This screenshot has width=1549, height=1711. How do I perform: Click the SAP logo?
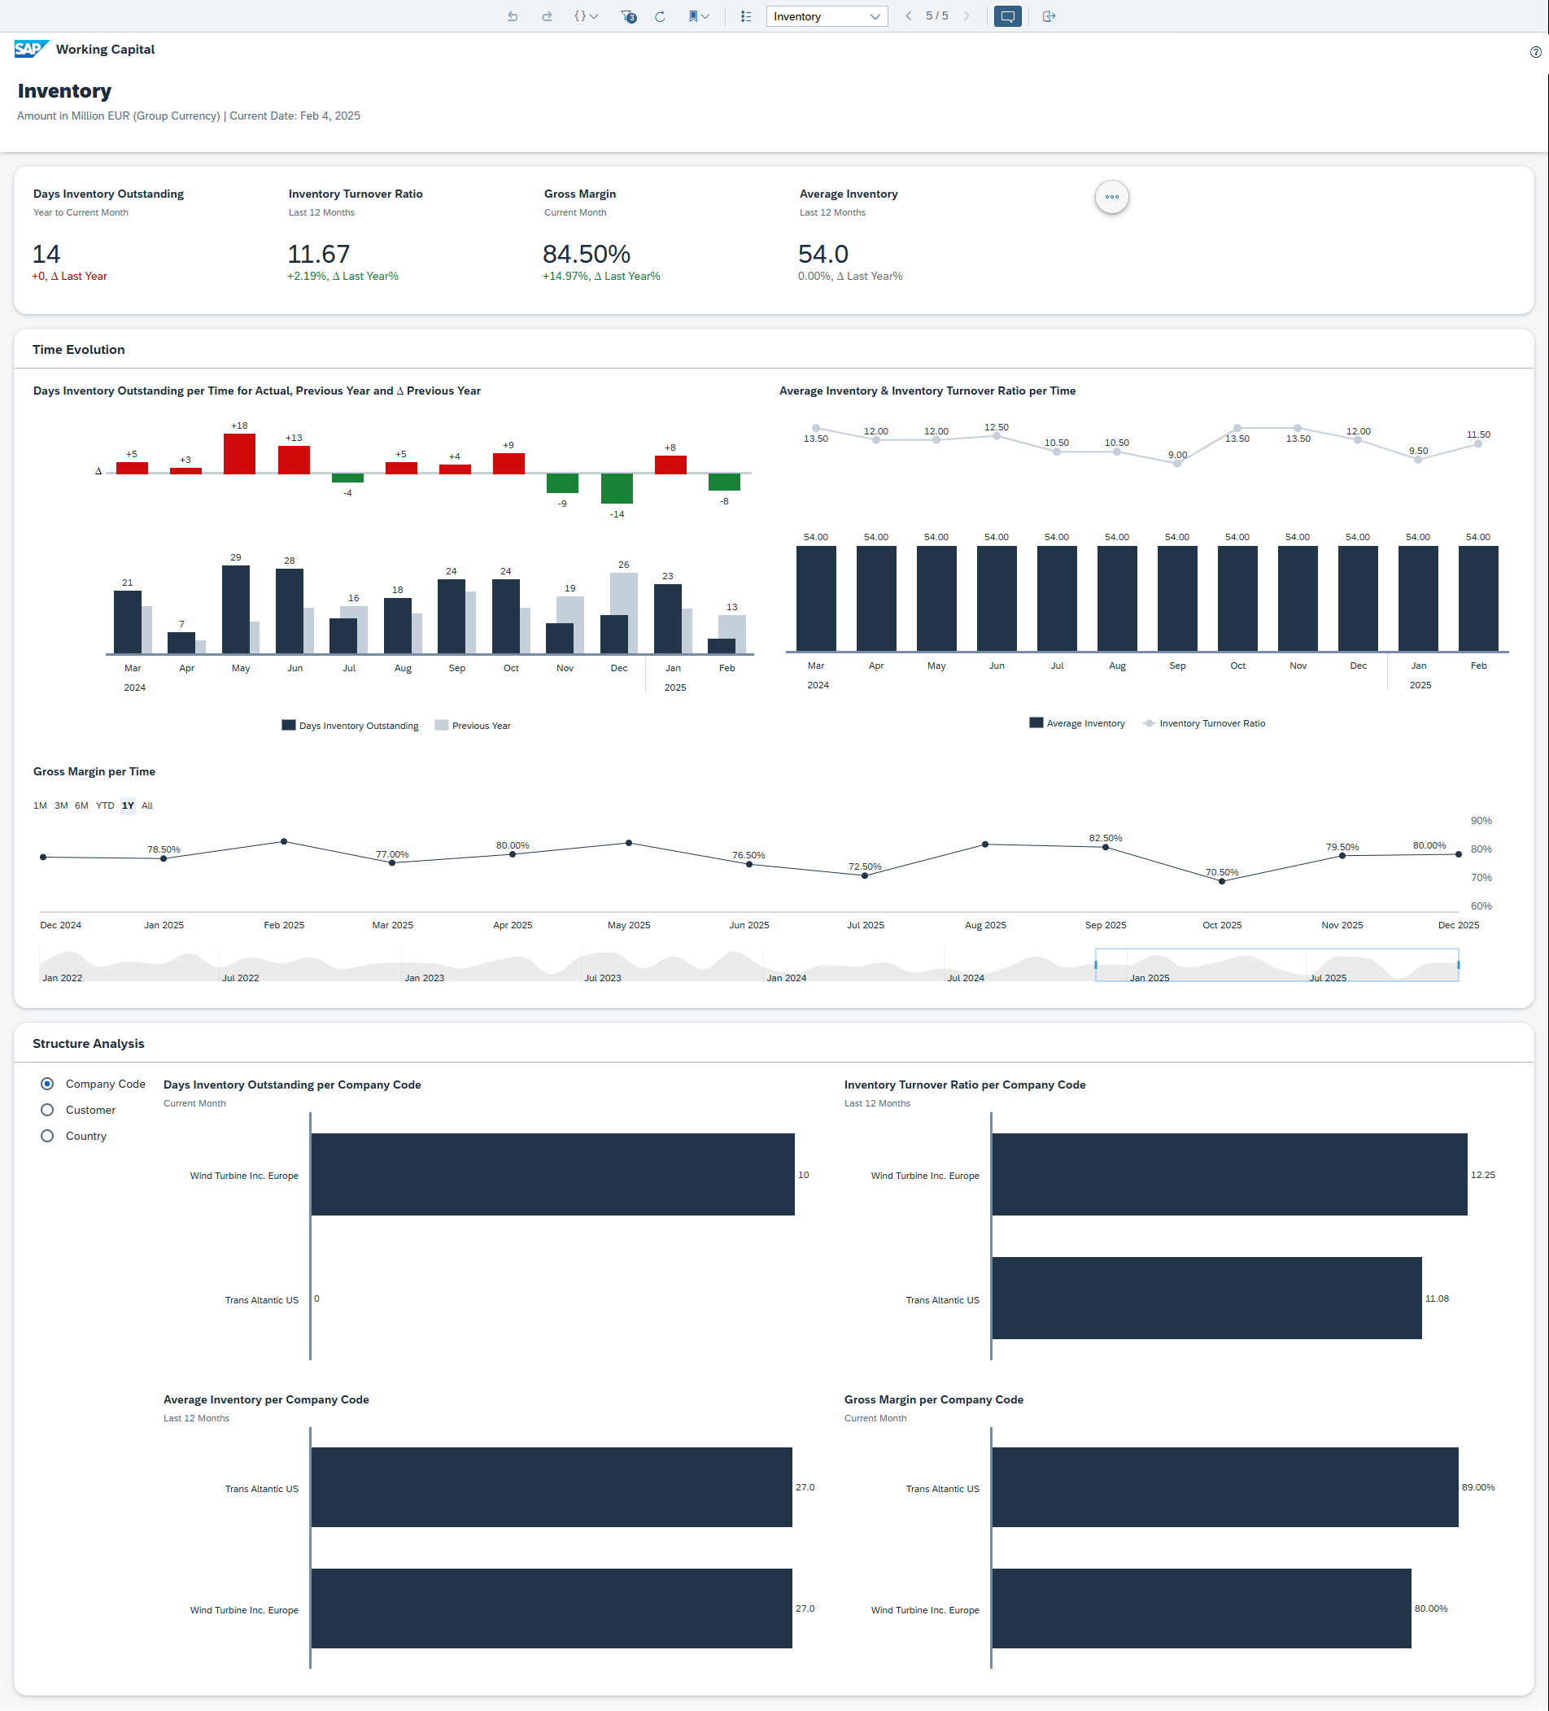[x=31, y=50]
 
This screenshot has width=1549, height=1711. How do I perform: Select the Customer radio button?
[x=47, y=1110]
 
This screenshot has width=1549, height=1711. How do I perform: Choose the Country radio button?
[x=47, y=1137]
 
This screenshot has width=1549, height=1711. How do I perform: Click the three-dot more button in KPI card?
[x=1111, y=197]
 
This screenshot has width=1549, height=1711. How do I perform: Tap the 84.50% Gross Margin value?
[x=586, y=254]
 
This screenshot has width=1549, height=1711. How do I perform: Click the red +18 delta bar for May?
[x=239, y=453]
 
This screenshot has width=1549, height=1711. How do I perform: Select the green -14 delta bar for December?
[x=617, y=489]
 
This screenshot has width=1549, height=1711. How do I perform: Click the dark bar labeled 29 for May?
[x=235, y=609]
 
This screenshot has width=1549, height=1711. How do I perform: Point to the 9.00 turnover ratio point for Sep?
[x=1176, y=464]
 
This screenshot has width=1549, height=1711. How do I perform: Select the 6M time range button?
[x=81, y=805]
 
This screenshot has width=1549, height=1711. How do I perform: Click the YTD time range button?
[x=104, y=805]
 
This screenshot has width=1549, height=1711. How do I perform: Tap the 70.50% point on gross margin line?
[x=1221, y=882]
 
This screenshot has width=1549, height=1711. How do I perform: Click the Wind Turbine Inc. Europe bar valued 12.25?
[x=1228, y=1175]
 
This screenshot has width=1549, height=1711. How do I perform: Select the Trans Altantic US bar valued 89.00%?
[x=1224, y=1487]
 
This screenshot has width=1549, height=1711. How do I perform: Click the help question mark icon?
[x=1535, y=53]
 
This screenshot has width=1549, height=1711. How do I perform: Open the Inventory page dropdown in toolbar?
[x=827, y=16]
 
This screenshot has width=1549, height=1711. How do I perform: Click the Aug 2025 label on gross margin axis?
[x=984, y=925]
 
